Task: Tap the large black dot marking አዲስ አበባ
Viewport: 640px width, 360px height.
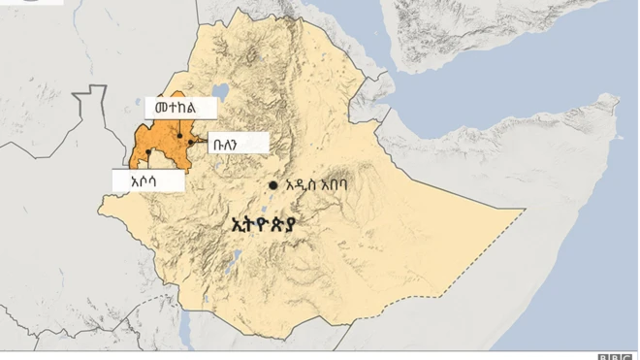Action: coord(274,185)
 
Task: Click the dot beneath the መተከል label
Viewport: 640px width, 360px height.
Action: coord(177,145)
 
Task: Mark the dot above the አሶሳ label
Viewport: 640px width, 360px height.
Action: coord(148,152)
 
